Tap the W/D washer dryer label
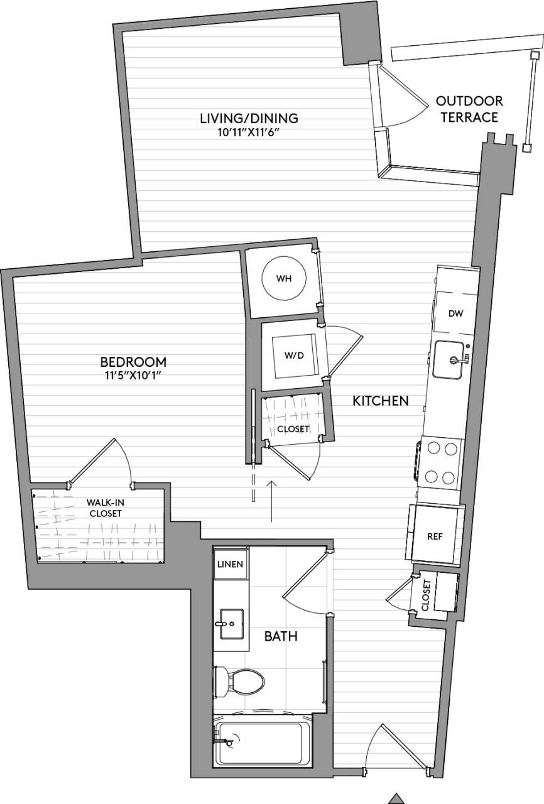(294, 355)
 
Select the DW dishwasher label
(455, 313)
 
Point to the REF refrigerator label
(435, 536)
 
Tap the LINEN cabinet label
(230, 564)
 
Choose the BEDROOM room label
(133, 362)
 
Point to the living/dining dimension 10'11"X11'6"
(248, 132)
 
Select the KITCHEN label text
(381, 401)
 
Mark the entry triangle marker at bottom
(394, 798)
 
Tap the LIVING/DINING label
(248, 118)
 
